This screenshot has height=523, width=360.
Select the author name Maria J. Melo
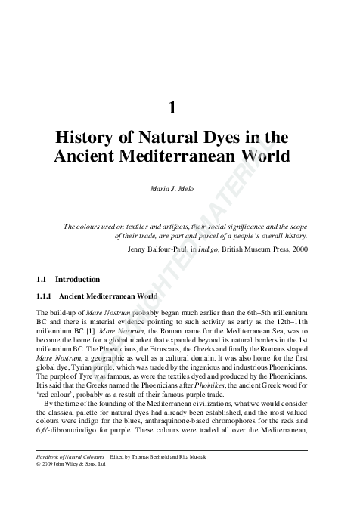coord(173,187)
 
